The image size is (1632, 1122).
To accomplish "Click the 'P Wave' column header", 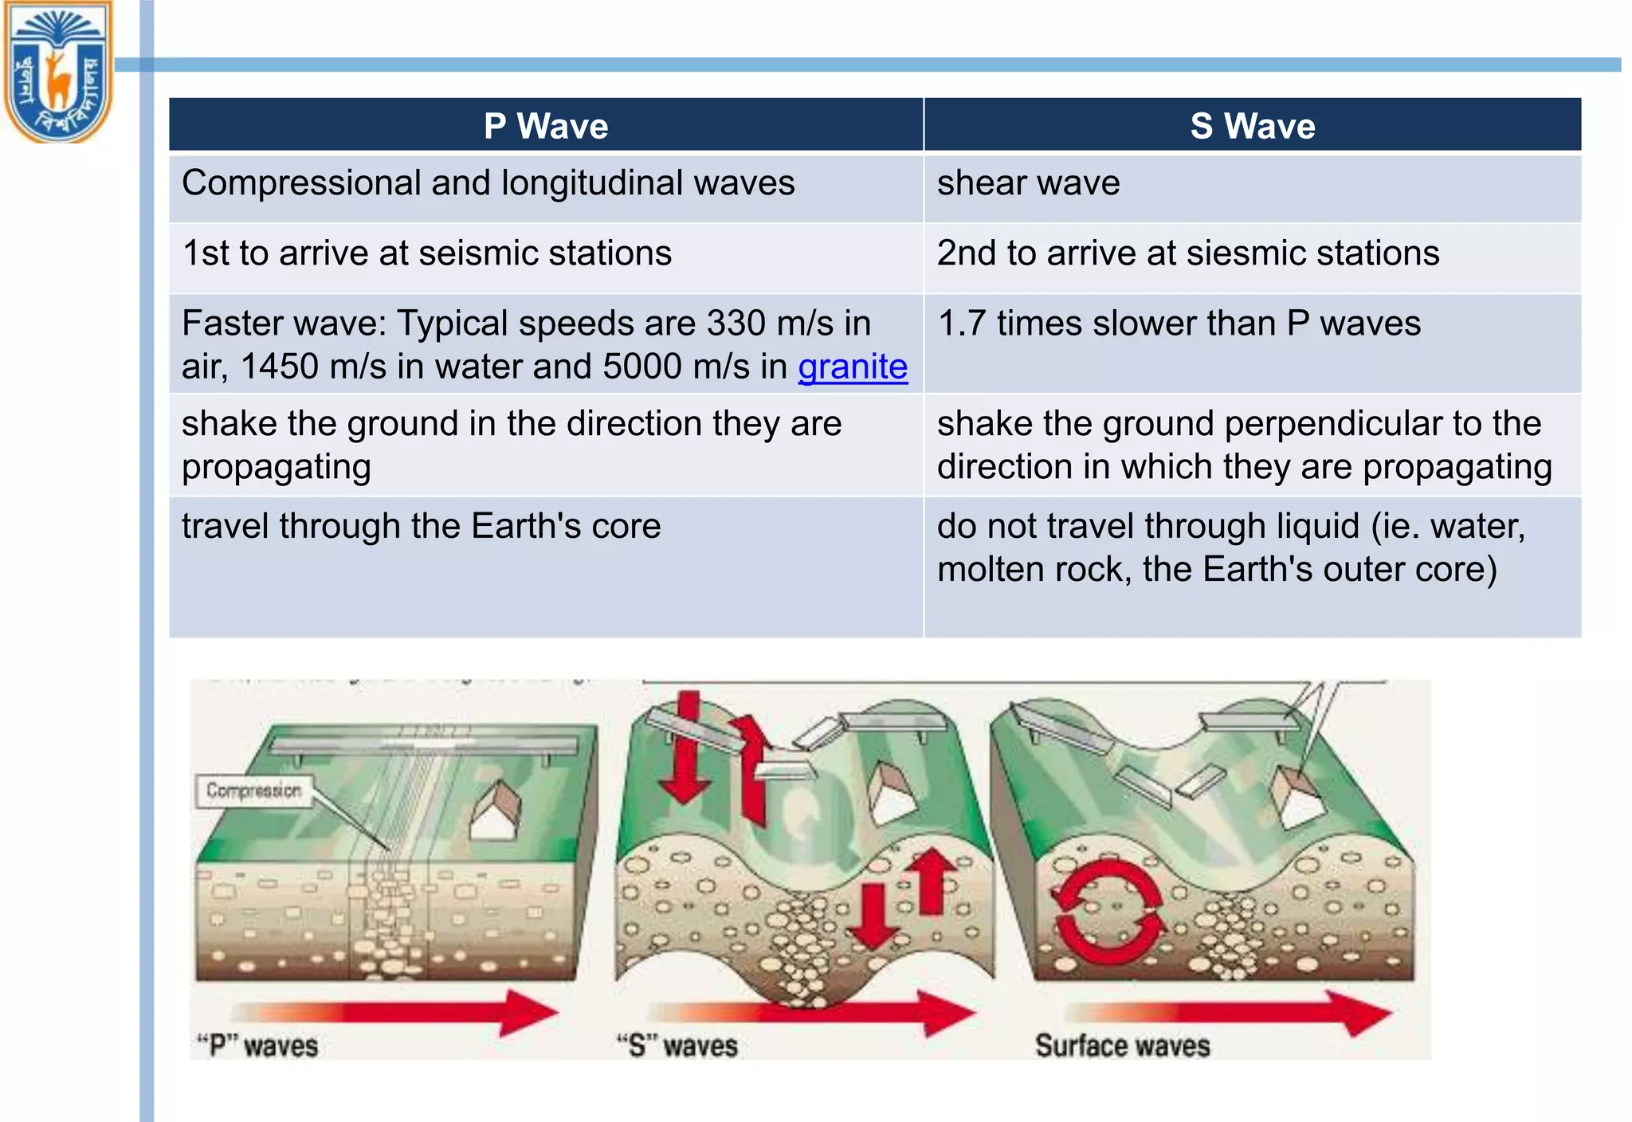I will [546, 126].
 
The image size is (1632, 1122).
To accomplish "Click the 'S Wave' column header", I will [1252, 126].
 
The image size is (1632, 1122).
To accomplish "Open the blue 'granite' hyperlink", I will [853, 367].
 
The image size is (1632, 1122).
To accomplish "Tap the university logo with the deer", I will [58, 72].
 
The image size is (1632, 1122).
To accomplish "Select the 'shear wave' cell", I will [1028, 183].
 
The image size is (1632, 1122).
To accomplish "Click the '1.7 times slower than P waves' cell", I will [1179, 324].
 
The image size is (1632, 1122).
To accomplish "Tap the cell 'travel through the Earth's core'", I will [421, 526].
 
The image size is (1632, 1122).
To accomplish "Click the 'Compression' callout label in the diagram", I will [253, 790].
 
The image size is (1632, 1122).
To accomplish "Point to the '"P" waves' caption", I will [257, 1045].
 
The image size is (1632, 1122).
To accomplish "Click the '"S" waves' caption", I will [677, 1045].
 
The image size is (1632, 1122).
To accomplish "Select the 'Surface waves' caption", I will [1122, 1045].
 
